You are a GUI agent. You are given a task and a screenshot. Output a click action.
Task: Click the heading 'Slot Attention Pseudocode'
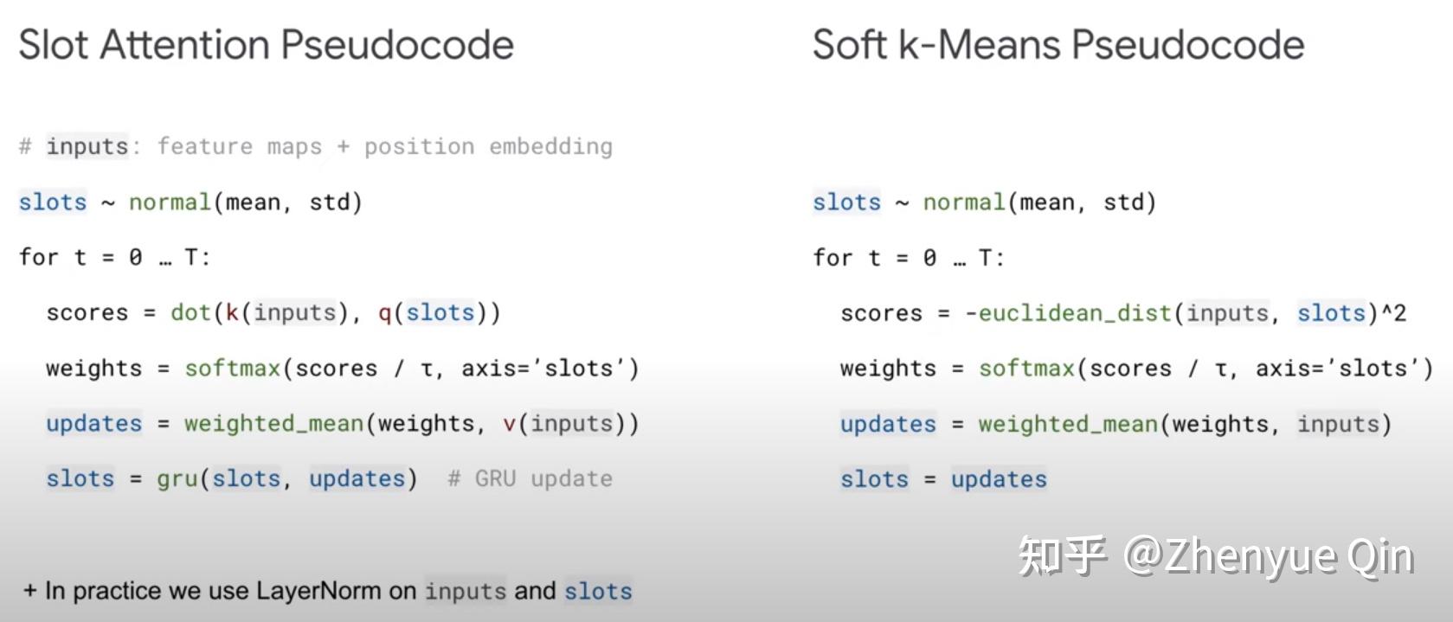[x=266, y=45]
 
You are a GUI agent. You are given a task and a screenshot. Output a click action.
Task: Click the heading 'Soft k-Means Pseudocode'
[x=1058, y=45]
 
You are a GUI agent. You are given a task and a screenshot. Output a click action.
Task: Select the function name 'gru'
[x=177, y=478]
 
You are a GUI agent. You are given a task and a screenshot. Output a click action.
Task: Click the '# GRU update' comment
[x=530, y=478]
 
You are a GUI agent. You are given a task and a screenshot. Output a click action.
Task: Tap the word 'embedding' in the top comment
[x=550, y=146]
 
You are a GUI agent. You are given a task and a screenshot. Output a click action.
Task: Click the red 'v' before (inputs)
[x=509, y=423]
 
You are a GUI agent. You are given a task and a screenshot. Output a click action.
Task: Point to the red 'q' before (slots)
[x=384, y=312]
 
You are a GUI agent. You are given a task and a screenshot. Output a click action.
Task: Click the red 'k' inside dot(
[x=232, y=312]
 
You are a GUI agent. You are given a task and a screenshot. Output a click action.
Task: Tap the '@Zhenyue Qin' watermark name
[x=1269, y=555]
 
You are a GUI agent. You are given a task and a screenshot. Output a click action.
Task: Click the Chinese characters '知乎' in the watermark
[x=1063, y=555]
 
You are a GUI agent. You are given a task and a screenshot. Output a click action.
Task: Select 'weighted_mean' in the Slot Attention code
[x=273, y=423]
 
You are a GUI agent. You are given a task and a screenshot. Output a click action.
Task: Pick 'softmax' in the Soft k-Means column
[x=1026, y=369]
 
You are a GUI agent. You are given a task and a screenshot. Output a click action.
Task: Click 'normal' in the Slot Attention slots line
[x=170, y=202]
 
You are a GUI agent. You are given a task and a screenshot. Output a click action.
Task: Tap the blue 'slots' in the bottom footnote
[x=598, y=592]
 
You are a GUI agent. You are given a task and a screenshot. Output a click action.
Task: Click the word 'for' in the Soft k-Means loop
[x=833, y=258]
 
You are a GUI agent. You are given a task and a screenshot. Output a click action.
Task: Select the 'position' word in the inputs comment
[x=419, y=146]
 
